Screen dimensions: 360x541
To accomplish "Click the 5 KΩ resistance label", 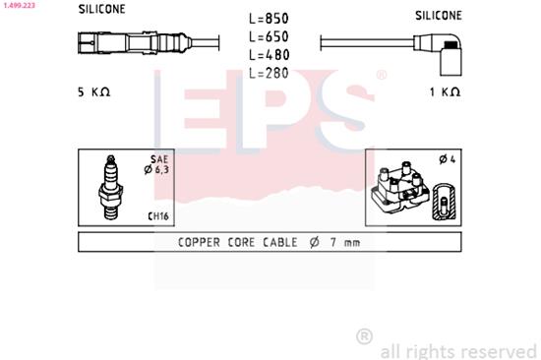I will click(x=94, y=91).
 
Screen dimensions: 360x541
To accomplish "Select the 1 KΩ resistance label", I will click(x=446, y=91).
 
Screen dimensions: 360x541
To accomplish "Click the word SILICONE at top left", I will click(x=102, y=10).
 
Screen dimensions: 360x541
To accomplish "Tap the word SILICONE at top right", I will click(x=439, y=16).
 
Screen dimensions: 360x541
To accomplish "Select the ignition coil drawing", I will click(x=404, y=189).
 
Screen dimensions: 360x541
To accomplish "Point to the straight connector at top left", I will click(x=128, y=44).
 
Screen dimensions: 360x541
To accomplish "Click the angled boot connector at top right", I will click(x=448, y=51).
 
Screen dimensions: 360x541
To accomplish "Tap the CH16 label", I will click(x=157, y=215).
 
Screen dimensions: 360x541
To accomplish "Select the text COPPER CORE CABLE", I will click(x=234, y=243).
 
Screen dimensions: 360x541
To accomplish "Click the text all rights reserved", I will click(x=457, y=349).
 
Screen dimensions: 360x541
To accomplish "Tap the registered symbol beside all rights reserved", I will click(x=364, y=336).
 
